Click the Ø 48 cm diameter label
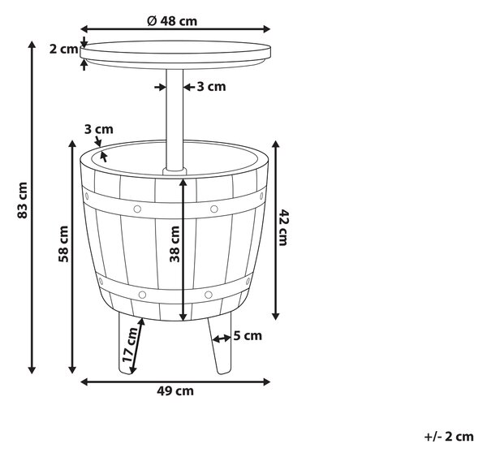tap(172, 21)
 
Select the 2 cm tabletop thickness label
tap(63, 49)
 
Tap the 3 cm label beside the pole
tap(211, 86)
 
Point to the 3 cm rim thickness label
tap(99, 129)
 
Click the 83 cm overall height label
tap(23, 200)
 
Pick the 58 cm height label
tap(63, 244)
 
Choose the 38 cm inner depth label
tap(175, 244)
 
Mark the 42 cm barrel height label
tap(283, 228)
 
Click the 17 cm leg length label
tap(131, 345)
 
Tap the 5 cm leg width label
tap(248, 335)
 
